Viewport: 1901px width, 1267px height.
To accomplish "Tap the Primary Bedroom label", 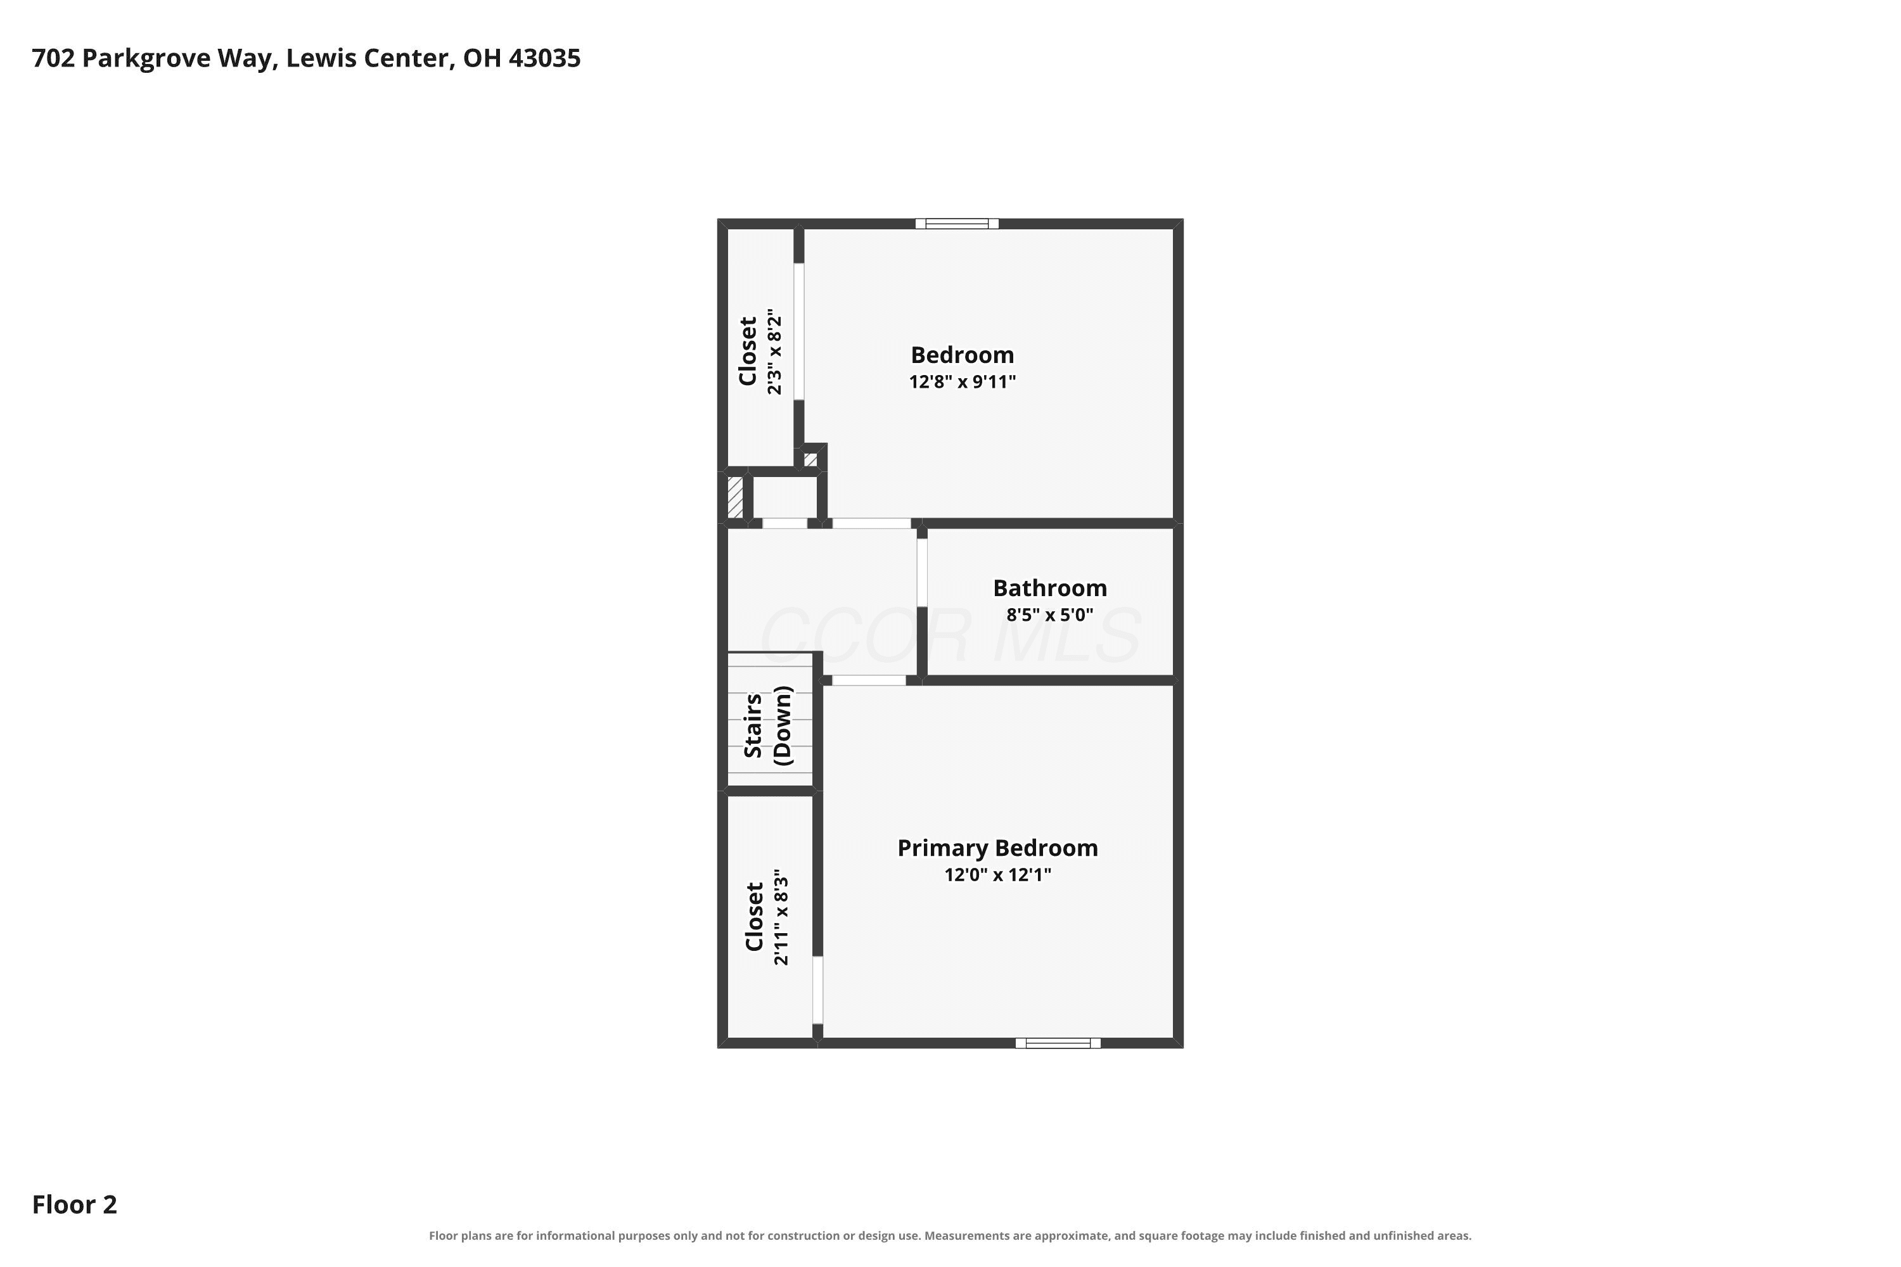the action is coord(997,848).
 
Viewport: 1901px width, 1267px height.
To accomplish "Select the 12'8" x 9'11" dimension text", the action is coord(962,381).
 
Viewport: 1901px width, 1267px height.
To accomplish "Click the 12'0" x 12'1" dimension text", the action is coord(997,874).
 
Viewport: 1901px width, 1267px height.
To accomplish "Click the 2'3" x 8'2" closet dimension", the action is coord(774,351).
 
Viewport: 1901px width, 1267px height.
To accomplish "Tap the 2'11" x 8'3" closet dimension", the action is coord(780,917).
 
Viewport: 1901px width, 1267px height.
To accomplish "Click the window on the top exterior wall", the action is coord(957,224).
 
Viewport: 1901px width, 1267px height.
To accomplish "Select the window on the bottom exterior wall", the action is coord(1058,1043).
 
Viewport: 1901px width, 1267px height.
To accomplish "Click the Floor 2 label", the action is coord(74,1205).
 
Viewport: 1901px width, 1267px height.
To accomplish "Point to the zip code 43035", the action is coord(545,58).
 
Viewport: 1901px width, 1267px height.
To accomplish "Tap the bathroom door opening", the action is coord(921,572).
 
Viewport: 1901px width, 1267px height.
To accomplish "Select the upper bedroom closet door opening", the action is coord(798,331).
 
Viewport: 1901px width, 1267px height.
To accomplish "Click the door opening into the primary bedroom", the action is coord(869,680).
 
